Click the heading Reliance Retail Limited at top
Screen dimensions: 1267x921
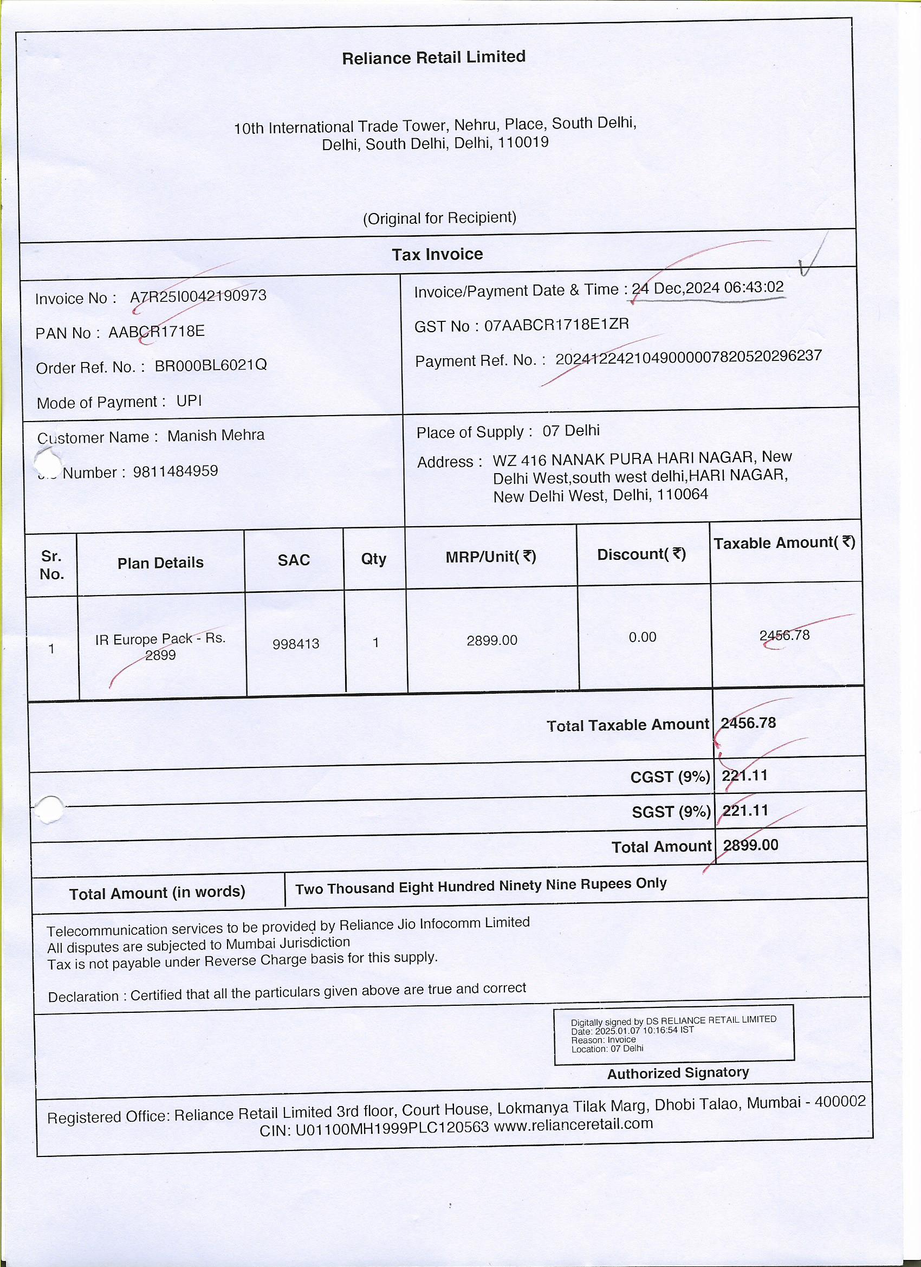[x=433, y=57]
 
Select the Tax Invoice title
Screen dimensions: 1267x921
[x=437, y=255]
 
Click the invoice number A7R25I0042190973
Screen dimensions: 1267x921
[x=198, y=296]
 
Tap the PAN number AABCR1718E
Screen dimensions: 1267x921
[x=157, y=332]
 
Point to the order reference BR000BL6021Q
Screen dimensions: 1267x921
[x=211, y=365]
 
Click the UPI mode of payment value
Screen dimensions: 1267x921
[x=189, y=401]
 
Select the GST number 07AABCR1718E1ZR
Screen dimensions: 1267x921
[x=556, y=325]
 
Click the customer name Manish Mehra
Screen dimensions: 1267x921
[x=216, y=435]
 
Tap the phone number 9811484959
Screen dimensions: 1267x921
[x=176, y=471]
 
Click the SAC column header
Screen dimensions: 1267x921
[x=293, y=560]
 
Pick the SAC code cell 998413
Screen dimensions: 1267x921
[x=295, y=644]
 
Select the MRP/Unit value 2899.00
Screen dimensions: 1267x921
[x=491, y=640]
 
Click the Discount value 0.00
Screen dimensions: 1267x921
[x=643, y=637]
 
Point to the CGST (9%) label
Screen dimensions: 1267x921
[x=670, y=777]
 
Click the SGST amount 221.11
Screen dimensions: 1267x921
[x=745, y=811]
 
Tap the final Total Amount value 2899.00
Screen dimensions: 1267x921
[x=750, y=845]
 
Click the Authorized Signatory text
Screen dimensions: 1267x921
[x=678, y=1072]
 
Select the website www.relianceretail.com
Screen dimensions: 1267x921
[x=573, y=1123]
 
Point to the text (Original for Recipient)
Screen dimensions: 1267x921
[x=439, y=218]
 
